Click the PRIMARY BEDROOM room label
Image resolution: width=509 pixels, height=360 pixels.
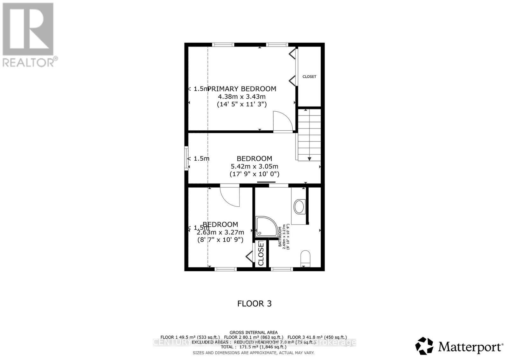coord(242,89)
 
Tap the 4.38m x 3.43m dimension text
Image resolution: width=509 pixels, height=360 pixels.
coord(242,96)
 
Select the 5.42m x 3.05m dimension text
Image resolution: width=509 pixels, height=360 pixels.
coord(254,166)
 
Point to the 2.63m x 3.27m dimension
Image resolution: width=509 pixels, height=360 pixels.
coord(220,232)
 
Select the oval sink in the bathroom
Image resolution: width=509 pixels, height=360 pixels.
coord(299,206)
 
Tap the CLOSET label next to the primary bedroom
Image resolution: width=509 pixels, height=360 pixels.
coord(309,77)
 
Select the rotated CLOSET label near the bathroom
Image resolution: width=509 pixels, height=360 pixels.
coord(261,253)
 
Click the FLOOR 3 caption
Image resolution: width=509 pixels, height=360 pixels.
coord(254,303)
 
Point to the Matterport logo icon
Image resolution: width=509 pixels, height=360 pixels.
coord(424,346)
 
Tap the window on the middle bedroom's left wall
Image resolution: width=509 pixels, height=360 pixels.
coord(186,158)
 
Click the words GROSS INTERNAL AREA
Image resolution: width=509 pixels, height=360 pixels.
coord(254,333)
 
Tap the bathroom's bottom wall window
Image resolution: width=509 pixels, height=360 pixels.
coord(282,269)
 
